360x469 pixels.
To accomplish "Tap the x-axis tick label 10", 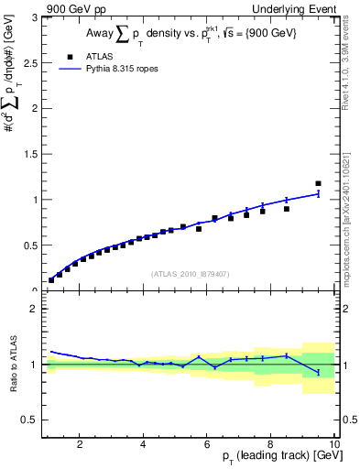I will [x=334, y=444].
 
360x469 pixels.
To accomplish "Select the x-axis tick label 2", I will [x=80, y=444].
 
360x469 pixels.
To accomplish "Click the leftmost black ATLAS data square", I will [x=51, y=279].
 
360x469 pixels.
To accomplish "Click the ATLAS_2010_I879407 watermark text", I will [x=190, y=273].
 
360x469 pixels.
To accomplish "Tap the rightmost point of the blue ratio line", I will [x=318, y=372].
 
